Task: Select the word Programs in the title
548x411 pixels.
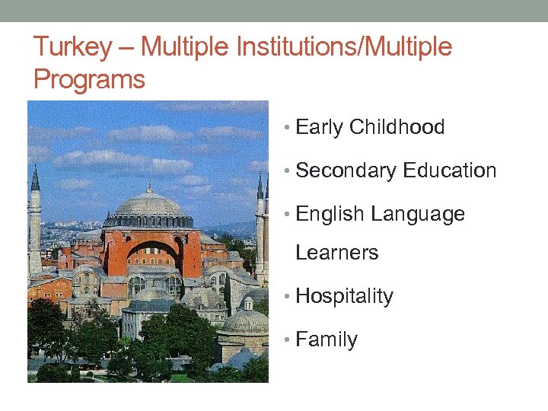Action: (89, 79)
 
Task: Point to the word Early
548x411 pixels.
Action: (319, 128)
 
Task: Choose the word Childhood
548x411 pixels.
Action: (397, 127)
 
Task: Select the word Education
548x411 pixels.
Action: (450, 170)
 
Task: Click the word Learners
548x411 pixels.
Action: (336, 253)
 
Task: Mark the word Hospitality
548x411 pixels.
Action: (344, 296)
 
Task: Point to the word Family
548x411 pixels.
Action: (326, 339)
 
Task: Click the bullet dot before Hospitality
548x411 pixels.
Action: (285, 297)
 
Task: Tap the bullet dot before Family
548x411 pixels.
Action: (285, 340)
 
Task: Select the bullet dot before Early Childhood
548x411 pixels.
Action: (285, 128)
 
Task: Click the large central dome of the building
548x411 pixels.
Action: (149, 205)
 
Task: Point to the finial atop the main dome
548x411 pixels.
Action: (149, 185)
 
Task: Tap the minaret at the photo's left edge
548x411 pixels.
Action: (35, 221)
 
